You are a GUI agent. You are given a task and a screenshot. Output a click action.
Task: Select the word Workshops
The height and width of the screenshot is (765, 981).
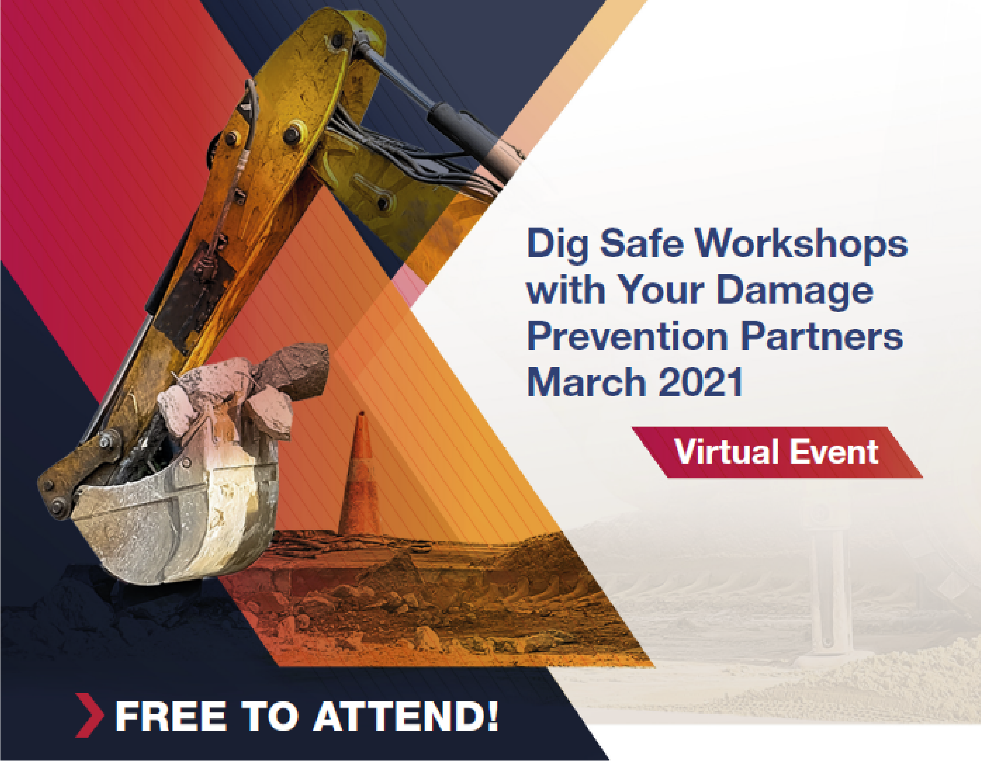point(801,245)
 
